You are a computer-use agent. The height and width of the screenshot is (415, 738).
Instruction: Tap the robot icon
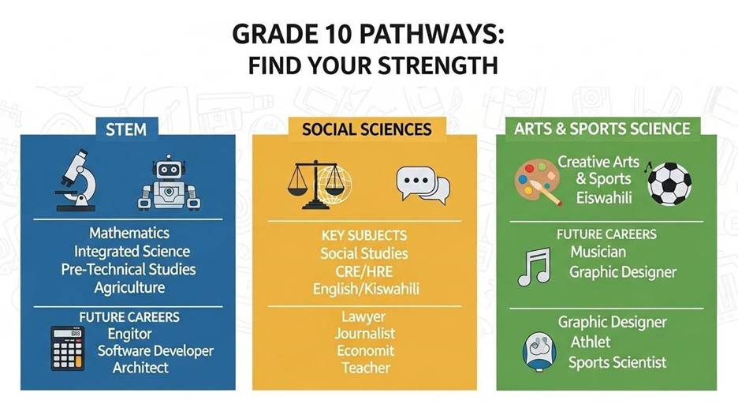(168, 183)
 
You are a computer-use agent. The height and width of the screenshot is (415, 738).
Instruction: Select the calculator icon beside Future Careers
(69, 348)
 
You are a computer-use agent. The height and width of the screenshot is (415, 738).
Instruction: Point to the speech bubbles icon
(422, 185)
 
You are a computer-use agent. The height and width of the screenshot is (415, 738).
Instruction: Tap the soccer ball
(669, 183)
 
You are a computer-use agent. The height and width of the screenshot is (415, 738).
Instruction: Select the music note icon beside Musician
(533, 265)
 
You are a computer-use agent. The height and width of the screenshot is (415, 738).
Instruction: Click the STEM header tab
(127, 129)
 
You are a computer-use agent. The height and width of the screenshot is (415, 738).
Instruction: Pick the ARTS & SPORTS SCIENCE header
(602, 129)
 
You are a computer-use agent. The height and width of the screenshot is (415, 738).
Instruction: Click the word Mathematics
(129, 234)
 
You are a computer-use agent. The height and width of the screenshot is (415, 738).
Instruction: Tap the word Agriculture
(129, 288)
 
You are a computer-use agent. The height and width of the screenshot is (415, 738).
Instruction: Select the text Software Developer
(155, 350)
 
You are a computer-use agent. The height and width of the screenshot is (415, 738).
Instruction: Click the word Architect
(140, 368)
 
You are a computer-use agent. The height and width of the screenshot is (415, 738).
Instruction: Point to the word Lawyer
(365, 316)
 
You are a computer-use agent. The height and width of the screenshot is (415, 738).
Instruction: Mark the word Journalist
(365, 334)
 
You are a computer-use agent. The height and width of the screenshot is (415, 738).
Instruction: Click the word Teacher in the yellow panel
(365, 368)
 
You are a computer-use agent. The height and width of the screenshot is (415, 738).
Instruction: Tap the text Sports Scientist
(617, 363)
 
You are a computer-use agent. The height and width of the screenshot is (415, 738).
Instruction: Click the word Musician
(598, 252)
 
